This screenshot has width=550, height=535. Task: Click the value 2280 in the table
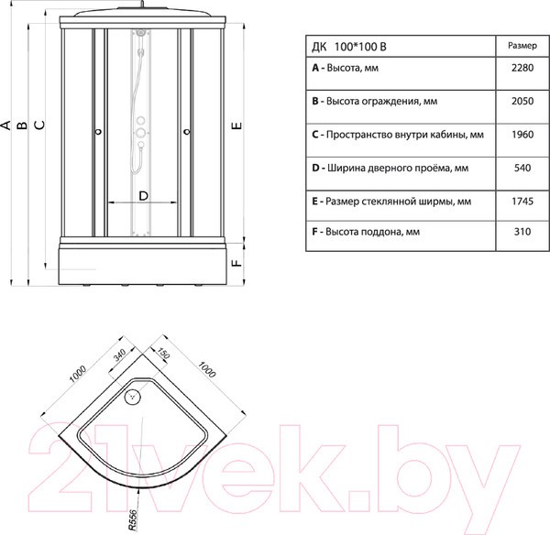click(522, 68)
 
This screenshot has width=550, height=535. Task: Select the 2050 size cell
click(522, 101)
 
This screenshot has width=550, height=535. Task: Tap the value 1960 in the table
click(522, 135)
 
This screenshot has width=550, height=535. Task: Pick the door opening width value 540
click(522, 168)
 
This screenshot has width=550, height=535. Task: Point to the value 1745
click(522, 202)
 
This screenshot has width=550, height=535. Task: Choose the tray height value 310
click(522, 232)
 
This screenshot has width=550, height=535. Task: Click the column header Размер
click(522, 46)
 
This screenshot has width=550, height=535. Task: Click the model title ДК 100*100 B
click(349, 47)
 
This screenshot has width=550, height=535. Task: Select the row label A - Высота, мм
click(346, 68)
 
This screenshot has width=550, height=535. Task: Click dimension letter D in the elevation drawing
click(144, 196)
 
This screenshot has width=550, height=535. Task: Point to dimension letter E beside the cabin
click(237, 126)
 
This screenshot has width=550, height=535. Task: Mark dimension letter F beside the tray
click(237, 263)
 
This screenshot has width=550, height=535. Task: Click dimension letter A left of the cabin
click(6, 126)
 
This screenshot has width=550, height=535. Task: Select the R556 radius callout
click(133, 520)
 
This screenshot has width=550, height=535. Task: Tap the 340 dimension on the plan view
click(119, 355)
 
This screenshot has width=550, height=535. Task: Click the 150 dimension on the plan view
click(163, 354)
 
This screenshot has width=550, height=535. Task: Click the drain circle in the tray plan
click(133, 397)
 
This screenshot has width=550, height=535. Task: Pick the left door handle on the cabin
click(99, 132)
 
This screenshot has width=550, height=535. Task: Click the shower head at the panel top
click(140, 33)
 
